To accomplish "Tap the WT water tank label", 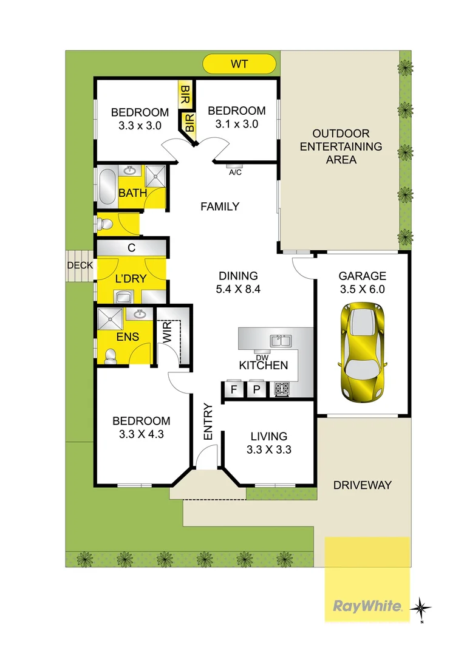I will click(x=239, y=63).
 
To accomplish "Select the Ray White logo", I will click(x=367, y=605).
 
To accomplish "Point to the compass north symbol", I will click(x=421, y=607).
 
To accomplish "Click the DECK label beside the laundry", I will click(x=80, y=265).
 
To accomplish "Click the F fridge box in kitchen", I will click(x=232, y=389).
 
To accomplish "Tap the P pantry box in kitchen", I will click(x=256, y=389).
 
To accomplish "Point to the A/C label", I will click(x=234, y=172).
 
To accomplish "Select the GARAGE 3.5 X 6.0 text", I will click(x=362, y=282).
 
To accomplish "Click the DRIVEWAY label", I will click(x=363, y=485).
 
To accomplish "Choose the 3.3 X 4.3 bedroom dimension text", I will click(x=140, y=434).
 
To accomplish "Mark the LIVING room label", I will click(x=268, y=436).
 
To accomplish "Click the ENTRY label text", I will click(x=208, y=422).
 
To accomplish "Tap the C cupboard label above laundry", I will click(x=131, y=248).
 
